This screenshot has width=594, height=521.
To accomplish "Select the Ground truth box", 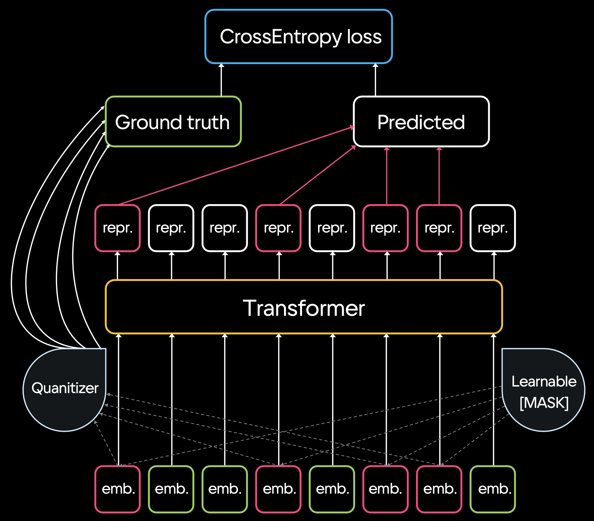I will [x=173, y=122].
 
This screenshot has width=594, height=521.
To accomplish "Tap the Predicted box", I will [x=421, y=122].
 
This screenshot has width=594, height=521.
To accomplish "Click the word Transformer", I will [x=304, y=308].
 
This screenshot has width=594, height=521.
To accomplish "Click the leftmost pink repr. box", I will [x=117, y=228].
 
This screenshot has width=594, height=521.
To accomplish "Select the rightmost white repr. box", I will [x=493, y=228].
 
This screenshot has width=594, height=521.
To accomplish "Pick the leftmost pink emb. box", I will [x=117, y=489].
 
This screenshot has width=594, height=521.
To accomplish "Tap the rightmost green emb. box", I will [x=493, y=489].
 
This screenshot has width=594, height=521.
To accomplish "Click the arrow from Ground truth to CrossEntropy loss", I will [x=221, y=80].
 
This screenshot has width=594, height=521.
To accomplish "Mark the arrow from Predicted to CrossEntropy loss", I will [x=375, y=80].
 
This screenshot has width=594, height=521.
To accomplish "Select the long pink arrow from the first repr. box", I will [x=235, y=166].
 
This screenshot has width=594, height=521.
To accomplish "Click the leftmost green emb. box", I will [x=171, y=489].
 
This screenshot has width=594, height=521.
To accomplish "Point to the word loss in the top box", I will [x=364, y=37].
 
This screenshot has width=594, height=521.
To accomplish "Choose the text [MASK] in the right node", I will [x=544, y=403].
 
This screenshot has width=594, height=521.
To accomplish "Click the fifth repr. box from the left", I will [x=332, y=228].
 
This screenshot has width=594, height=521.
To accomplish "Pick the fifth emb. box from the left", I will [x=332, y=489].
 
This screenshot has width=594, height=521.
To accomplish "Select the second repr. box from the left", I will [x=171, y=228].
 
